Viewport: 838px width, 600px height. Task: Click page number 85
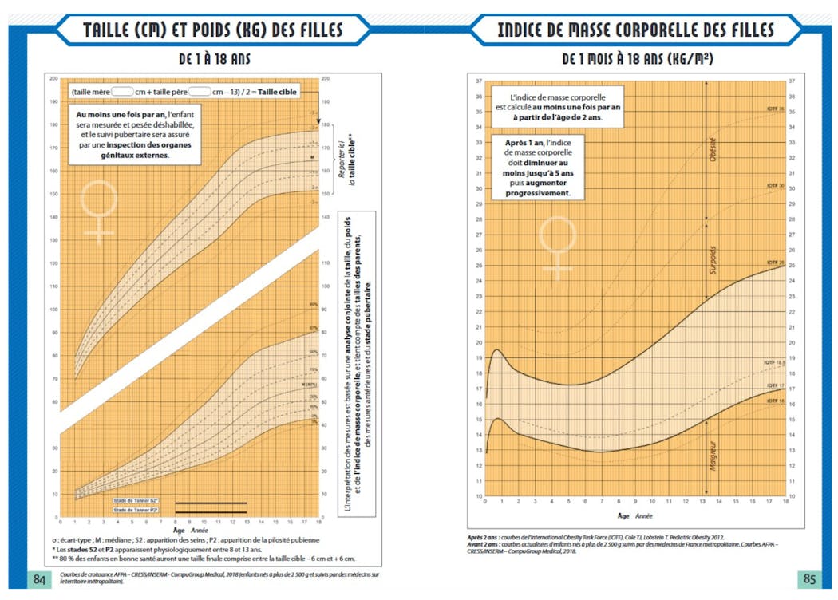[x=808, y=578]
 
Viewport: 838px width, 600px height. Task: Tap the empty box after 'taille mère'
[x=122, y=92]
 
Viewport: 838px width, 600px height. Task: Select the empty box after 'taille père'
[x=200, y=92]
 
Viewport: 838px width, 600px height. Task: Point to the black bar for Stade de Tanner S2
[x=211, y=503]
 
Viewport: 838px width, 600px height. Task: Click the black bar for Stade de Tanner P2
[x=211, y=510]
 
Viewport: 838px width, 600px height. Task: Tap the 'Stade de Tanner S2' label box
[x=136, y=503]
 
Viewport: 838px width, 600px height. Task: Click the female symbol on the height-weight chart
[x=100, y=210]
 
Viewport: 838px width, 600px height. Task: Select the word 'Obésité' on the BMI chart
[x=713, y=148]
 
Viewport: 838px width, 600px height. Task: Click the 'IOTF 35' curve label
[x=775, y=108]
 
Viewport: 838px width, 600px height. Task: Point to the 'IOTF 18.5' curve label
[x=774, y=363]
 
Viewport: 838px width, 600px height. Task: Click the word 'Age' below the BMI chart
[x=623, y=515]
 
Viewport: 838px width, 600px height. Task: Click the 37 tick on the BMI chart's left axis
[x=478, y=81]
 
